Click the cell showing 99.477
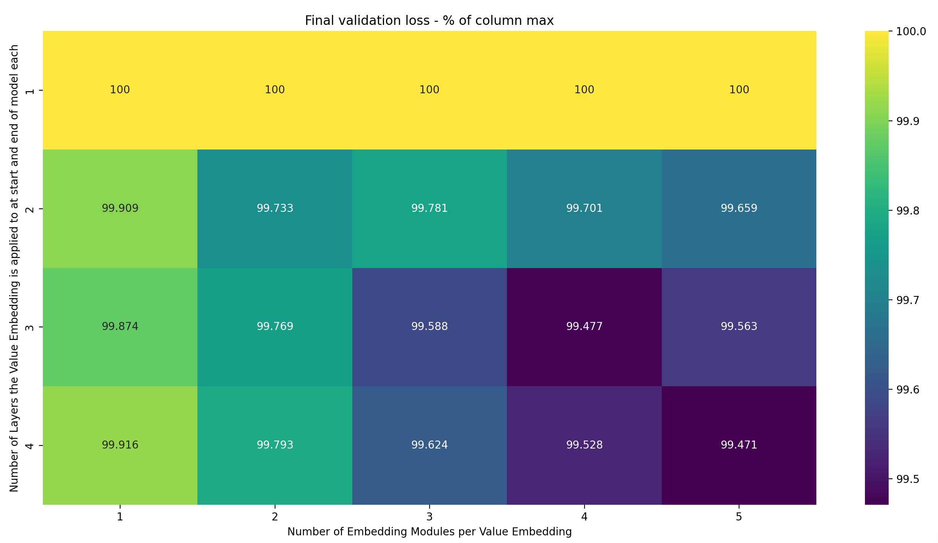point(584,327)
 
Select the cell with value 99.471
point(739,445)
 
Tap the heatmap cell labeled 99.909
point(120,208)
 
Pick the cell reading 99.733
point(275,208)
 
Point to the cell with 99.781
point(429,208)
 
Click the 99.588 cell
point(429,327)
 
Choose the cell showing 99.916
point(120,445)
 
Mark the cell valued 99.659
point(739,208)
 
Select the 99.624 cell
point(429,445)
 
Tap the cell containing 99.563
point(739,327)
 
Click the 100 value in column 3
point(429,90)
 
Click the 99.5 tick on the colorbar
point(907,480)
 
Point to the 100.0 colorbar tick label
point(911,31)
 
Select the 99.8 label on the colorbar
point(907,211)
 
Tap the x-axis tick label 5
point(739,517)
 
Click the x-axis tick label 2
point(275,517)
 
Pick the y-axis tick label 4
point(30,445)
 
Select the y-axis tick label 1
point(30,91)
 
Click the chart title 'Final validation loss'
point(429,21)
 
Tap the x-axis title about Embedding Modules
point(429,532)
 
